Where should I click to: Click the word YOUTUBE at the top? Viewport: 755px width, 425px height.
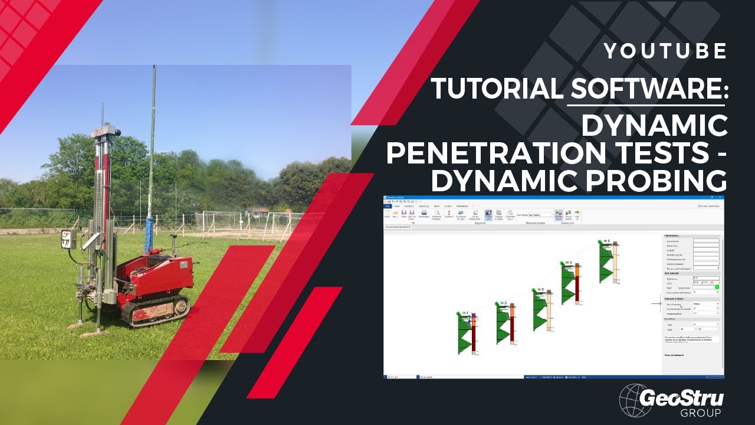click(665, 51)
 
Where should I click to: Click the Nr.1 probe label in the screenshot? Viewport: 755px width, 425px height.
click(465, 312)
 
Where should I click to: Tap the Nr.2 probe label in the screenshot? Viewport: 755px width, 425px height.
click(503, 303)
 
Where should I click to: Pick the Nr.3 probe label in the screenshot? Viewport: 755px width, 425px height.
click(540, 289)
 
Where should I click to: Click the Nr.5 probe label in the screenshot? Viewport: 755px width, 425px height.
click(607, 241)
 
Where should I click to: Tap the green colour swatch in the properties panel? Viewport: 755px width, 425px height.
click(717, 287)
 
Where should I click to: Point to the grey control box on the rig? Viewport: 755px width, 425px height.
click(69, 239)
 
